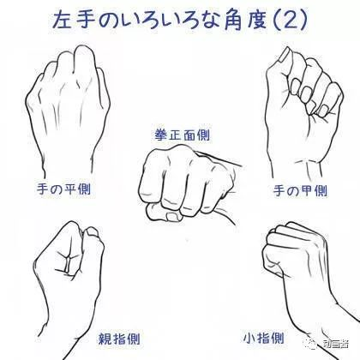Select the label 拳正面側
point(183,135)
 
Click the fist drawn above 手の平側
point(70,103)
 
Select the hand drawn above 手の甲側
point(300,99)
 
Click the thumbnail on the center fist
point(175,217)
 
